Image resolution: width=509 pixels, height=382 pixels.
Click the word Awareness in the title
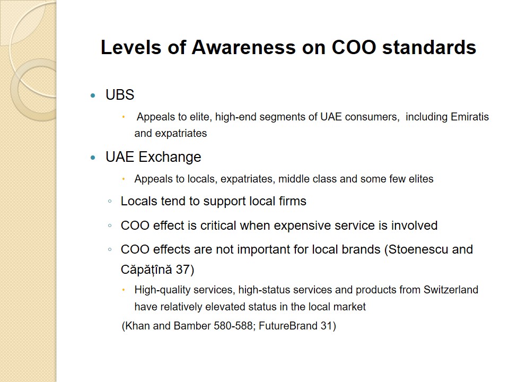coord(243,47)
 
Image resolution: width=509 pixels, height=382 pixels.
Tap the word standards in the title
coord(429,47)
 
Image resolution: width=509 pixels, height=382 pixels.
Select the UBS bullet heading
coord(120,95)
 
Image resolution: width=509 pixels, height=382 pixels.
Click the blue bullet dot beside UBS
coord(93,95)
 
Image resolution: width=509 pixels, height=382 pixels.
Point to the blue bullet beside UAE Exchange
coord(93,158)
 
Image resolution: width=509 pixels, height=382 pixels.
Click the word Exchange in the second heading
coord(170,157)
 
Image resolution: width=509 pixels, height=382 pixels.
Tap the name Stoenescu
coord(418,249)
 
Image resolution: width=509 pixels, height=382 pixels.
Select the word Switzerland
coord(451,290)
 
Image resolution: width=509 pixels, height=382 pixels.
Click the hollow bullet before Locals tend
coord(110,202)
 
